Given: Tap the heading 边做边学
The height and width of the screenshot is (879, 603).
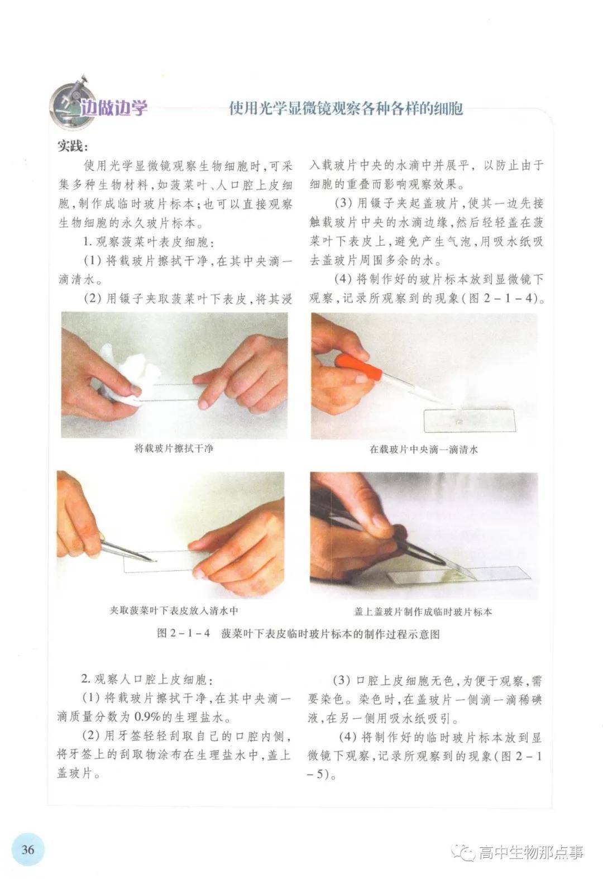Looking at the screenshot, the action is pos(113,108).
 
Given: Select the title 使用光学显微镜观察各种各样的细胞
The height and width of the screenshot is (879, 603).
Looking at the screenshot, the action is pos(346,108).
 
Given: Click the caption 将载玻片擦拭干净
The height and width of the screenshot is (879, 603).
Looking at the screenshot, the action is pos(174,448).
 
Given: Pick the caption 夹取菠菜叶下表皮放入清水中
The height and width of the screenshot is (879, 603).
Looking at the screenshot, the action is pos(174,611).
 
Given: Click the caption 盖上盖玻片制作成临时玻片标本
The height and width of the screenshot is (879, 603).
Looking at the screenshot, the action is pos(423,612).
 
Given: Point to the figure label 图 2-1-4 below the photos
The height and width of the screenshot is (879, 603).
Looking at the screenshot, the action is pos(184,634).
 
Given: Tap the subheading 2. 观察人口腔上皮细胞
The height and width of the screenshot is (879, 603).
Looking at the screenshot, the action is pos(147,679).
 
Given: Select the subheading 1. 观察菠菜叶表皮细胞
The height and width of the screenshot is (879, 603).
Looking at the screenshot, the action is pos(149,242).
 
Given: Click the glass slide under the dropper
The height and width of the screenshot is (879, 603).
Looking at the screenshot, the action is pos(470,421).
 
